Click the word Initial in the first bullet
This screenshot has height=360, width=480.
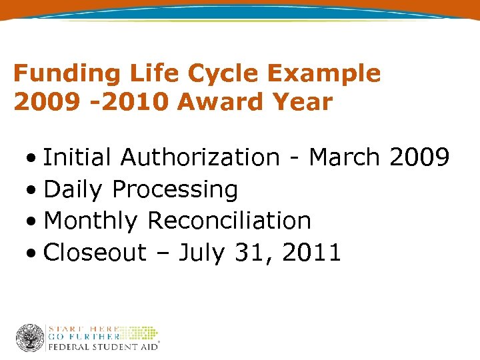click(x=77, y=158)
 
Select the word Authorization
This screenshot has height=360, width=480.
click(x=199, y=158)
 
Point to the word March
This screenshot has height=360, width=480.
click(x=345, y=158)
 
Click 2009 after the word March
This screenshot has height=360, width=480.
click(x=419, y=158)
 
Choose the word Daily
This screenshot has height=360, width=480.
click(x=73, y=191)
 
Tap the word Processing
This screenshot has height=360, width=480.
click(x=175, y=191)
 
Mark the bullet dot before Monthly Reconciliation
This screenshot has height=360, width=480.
click(x=33, y=221)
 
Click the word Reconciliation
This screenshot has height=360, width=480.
click(x=229, y=221)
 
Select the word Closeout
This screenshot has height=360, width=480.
click(x=95, y=253)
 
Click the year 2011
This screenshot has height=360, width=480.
click(x=311, y=253)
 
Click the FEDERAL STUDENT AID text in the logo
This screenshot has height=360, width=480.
click(x=103, y=347)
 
